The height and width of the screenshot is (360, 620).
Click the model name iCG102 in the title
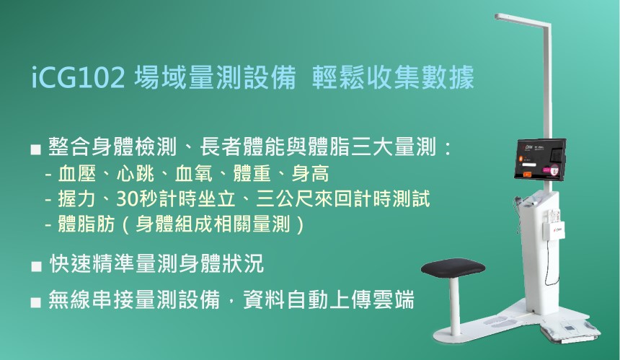(78, 77)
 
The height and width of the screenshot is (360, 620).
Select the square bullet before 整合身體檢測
(35, 149)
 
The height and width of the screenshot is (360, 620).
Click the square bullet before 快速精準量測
(36, 266)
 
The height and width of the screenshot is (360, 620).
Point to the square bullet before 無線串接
(35, 302)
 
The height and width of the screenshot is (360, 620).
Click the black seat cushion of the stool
(453, 268)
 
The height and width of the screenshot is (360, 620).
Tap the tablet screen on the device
(541, 159)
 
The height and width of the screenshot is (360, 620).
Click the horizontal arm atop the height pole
(522, 19)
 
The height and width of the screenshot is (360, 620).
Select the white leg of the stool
(455, 309)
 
